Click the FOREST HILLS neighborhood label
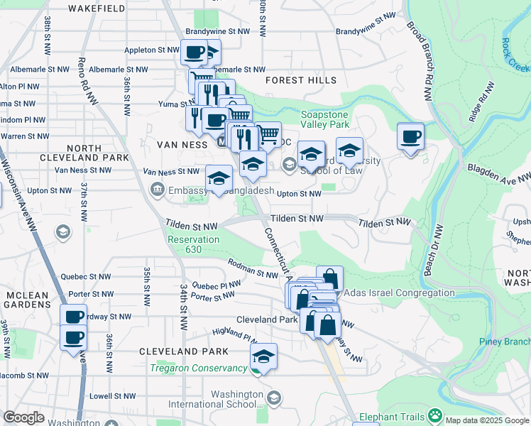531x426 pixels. point(301,80)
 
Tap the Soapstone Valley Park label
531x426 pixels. point(325,119)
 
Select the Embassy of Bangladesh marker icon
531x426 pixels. point(157,190)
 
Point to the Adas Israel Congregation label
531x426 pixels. point(399,293)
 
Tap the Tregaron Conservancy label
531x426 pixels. point(199,367)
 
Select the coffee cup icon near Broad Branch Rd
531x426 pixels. point(410,136)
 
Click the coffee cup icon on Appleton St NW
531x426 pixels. point(193,52)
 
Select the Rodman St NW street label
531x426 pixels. point(253,268)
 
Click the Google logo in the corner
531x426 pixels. point(23,417)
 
